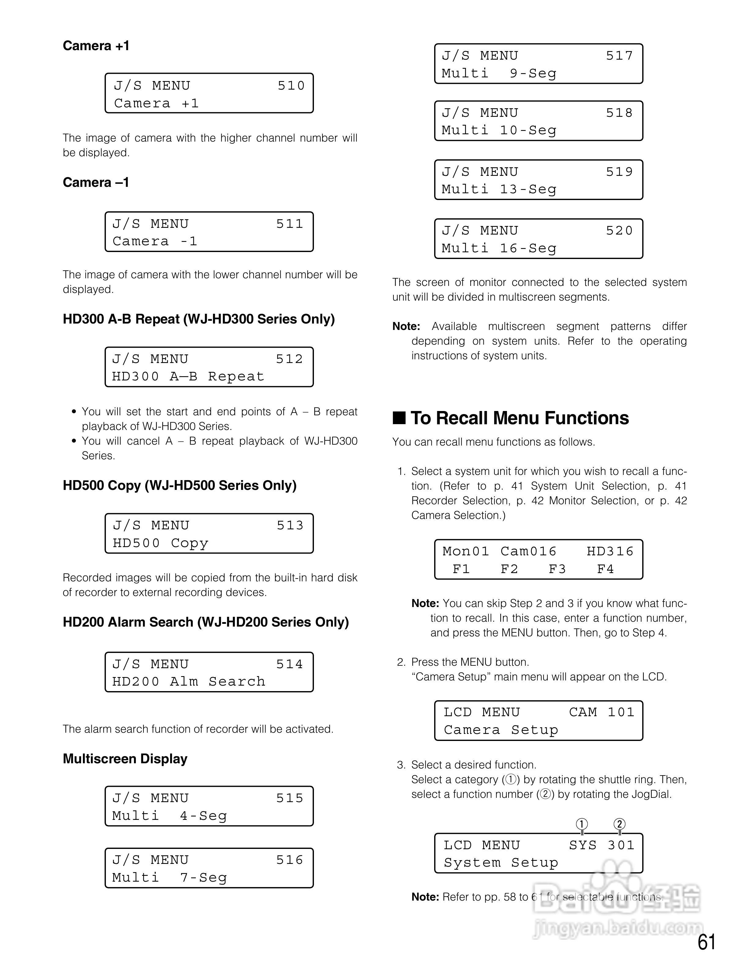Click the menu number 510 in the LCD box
click(291, 85)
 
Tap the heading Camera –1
click(96, 183)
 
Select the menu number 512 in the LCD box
click(289, 359)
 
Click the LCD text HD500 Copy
click(160, 543)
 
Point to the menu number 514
click(289, 664)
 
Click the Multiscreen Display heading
click(125, 759)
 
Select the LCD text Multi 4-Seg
click(169, 816)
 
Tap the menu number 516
click(289, 860)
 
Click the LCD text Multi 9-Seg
click(498, 73)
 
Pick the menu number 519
click(619, 172)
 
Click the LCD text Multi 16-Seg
click(498, 248)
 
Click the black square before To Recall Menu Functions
click(399, 418)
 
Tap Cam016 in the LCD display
click(528, 551)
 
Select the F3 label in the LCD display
click(557, 569)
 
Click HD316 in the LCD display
click(609, 551)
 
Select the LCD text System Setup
click(501, 863)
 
